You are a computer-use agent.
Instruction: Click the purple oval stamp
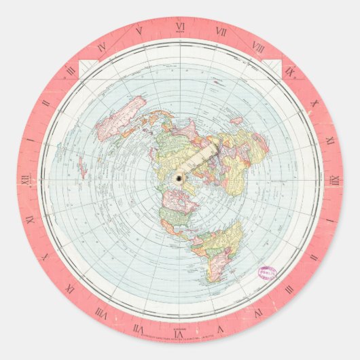pos(266,273)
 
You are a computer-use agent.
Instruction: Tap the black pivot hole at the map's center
pos(179,179)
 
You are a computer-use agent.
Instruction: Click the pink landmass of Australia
pos(122,115)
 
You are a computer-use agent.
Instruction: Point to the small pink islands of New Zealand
pos(81,163)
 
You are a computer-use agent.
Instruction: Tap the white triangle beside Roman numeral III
pos(86,66)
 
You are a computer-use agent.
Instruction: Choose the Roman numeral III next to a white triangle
pos(71,70)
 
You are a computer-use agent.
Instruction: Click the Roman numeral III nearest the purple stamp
pos(289,289)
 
